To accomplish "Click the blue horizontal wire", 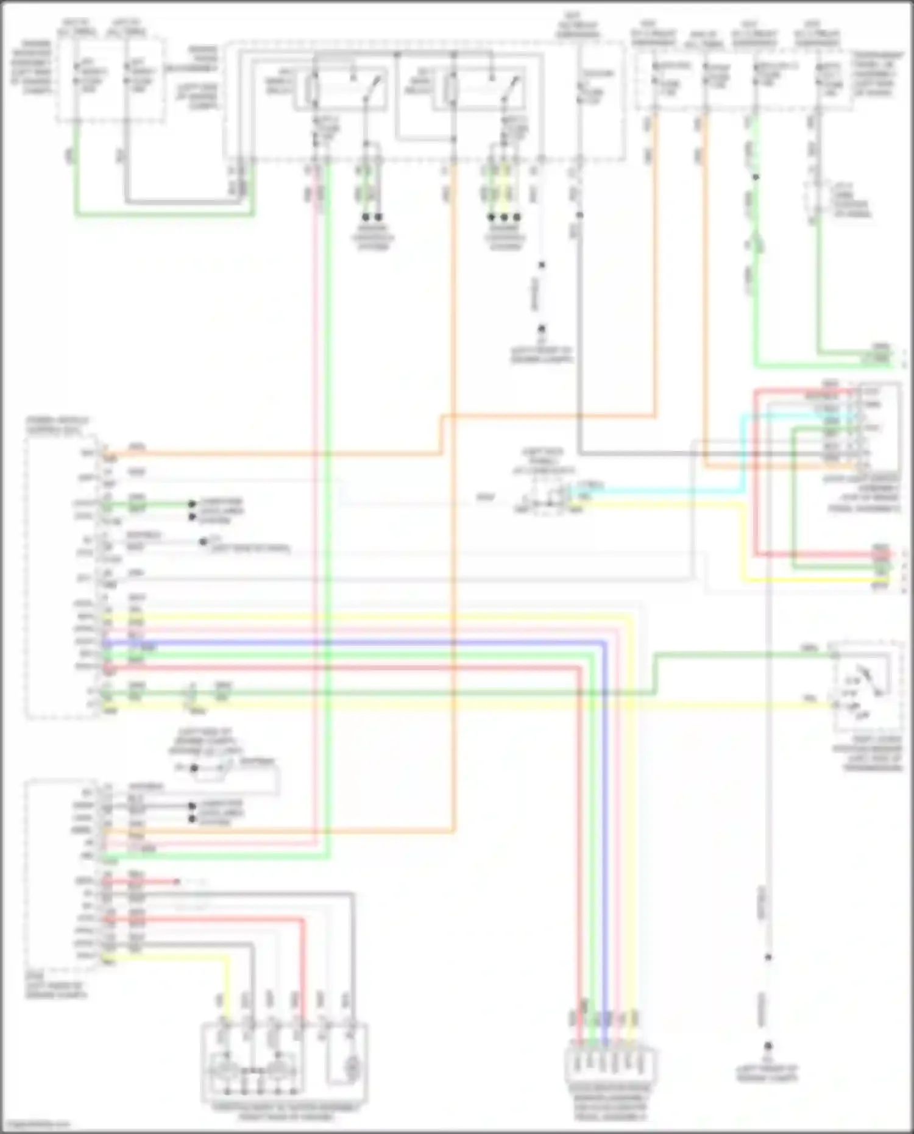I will pos(366,642).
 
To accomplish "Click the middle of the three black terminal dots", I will pos(504,217).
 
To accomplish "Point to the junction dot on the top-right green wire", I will pos(756,177).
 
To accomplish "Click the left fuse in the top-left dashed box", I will pos(76,76).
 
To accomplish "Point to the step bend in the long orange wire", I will pos(442,435).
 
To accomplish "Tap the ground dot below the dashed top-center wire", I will pos(541,330).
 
